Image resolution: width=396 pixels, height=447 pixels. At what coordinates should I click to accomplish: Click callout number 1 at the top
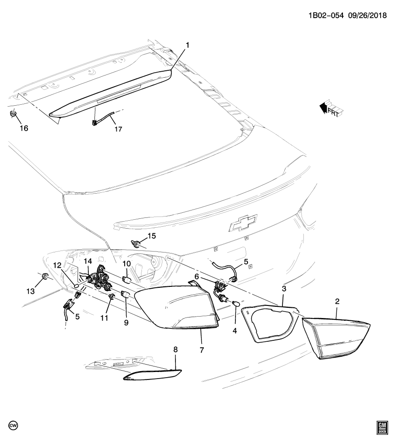tap(188, 45)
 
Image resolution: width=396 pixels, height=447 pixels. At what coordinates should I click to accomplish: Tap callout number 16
tap(23, 128)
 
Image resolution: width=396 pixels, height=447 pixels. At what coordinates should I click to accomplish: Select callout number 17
tap(118, 129)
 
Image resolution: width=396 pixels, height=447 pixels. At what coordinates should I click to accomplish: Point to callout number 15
tap(152, 236)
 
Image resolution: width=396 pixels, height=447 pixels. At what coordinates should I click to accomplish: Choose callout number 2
tap(337, 301)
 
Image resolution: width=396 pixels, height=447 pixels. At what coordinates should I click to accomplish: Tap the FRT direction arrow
tap(329, 108)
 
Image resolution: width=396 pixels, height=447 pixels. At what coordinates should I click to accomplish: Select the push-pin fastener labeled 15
tap(137, 242)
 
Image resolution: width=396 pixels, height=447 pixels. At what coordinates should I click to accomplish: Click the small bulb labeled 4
tap(235, 304)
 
